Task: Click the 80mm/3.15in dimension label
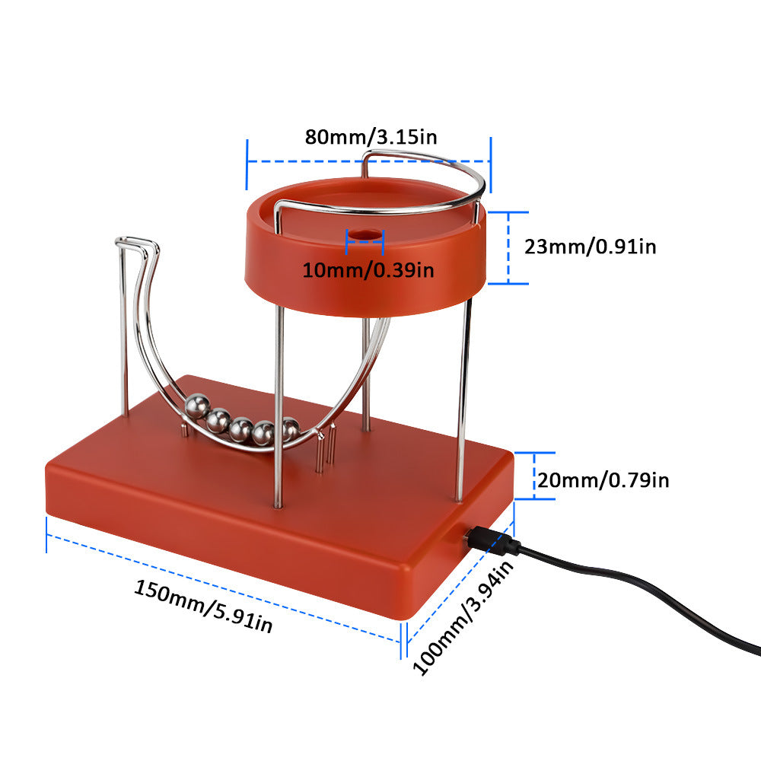[371, 137]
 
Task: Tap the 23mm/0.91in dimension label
[590, 246]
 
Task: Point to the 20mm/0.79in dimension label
[603, 480]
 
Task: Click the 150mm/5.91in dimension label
[203, 606]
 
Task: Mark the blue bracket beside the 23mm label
[508, 248]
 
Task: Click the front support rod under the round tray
[279, 403]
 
